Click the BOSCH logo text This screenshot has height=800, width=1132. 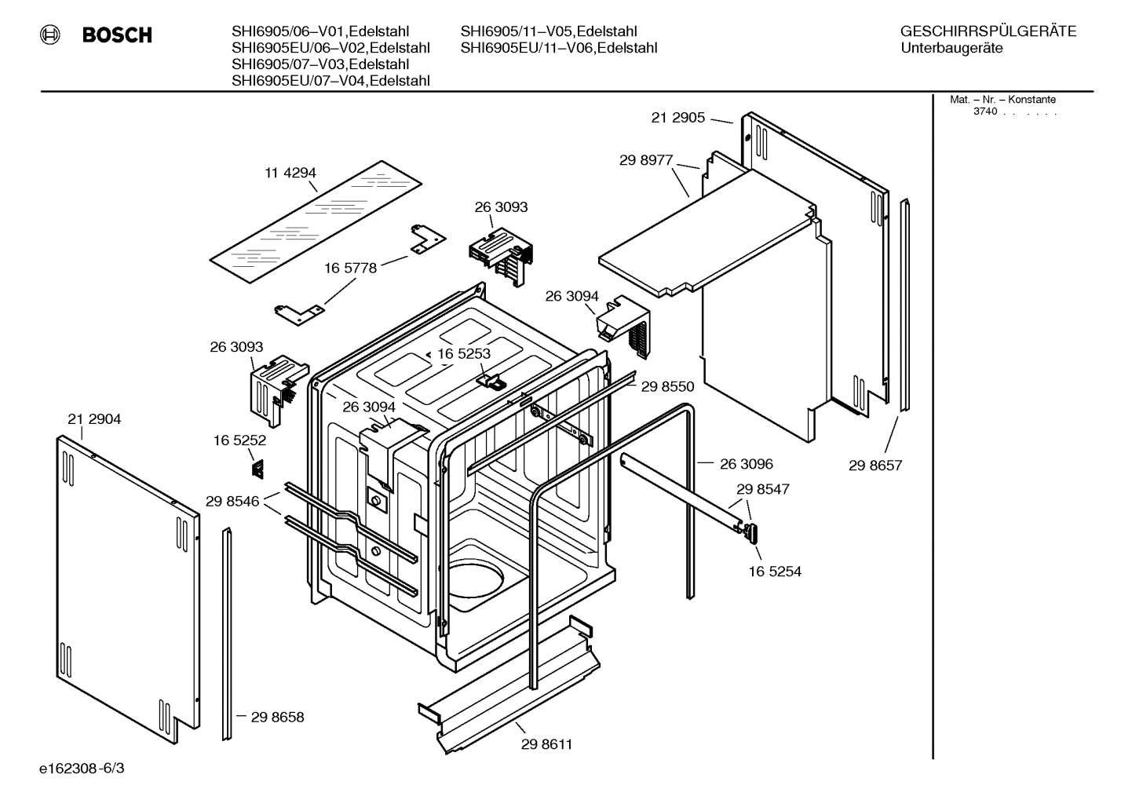116,35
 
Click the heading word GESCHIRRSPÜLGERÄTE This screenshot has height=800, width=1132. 988,31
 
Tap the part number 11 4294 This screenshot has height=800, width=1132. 290,173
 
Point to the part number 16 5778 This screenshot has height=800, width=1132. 350,268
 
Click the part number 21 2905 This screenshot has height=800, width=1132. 677,118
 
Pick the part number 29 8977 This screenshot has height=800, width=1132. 645,160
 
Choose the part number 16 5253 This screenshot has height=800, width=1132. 463,353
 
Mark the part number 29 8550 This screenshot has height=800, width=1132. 667,386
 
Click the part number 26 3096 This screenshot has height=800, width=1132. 746,464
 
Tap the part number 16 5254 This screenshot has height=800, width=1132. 775,572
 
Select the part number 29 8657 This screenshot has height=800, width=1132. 875,465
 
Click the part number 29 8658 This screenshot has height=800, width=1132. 277,717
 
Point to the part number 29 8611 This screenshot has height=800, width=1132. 546,744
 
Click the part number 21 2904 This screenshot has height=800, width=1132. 94,419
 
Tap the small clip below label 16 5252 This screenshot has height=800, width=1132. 257,469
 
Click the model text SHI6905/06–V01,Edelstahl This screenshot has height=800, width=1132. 330,31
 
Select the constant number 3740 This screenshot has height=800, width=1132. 984,111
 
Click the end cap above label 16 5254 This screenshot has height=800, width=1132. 752,533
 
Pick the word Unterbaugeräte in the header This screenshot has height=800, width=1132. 951,48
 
